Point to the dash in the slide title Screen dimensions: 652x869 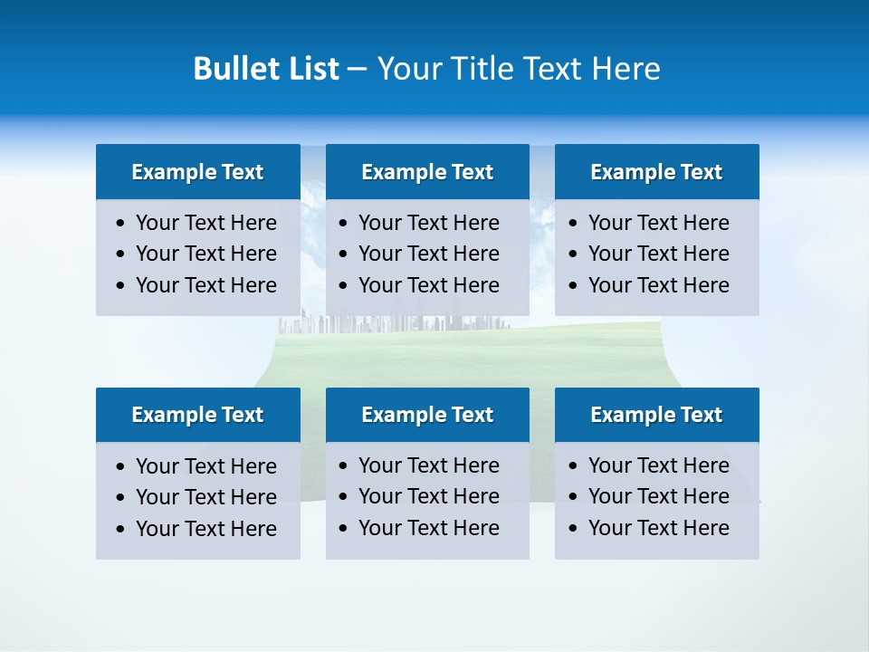point(357,69)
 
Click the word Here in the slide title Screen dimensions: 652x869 point(625,69)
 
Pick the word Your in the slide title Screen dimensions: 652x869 point(407,69)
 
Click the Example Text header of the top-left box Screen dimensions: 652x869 point(197,172)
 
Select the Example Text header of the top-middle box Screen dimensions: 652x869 point(427,172)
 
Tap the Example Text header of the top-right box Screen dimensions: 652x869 point(656,172)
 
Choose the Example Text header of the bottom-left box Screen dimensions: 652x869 point(197,415)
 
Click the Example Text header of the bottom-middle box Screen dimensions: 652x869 point(427,415)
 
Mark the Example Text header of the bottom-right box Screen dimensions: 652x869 point(656,415)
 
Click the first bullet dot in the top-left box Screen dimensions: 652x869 point(121,224)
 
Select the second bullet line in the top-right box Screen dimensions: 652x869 point(658,254)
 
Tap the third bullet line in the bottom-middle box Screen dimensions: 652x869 point(428,528)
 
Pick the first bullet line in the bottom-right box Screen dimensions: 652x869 point(658,465)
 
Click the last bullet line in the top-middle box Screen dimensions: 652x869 point(428,285)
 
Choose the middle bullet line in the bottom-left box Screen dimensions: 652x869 point(205,497)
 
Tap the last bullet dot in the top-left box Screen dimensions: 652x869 point(121,286)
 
